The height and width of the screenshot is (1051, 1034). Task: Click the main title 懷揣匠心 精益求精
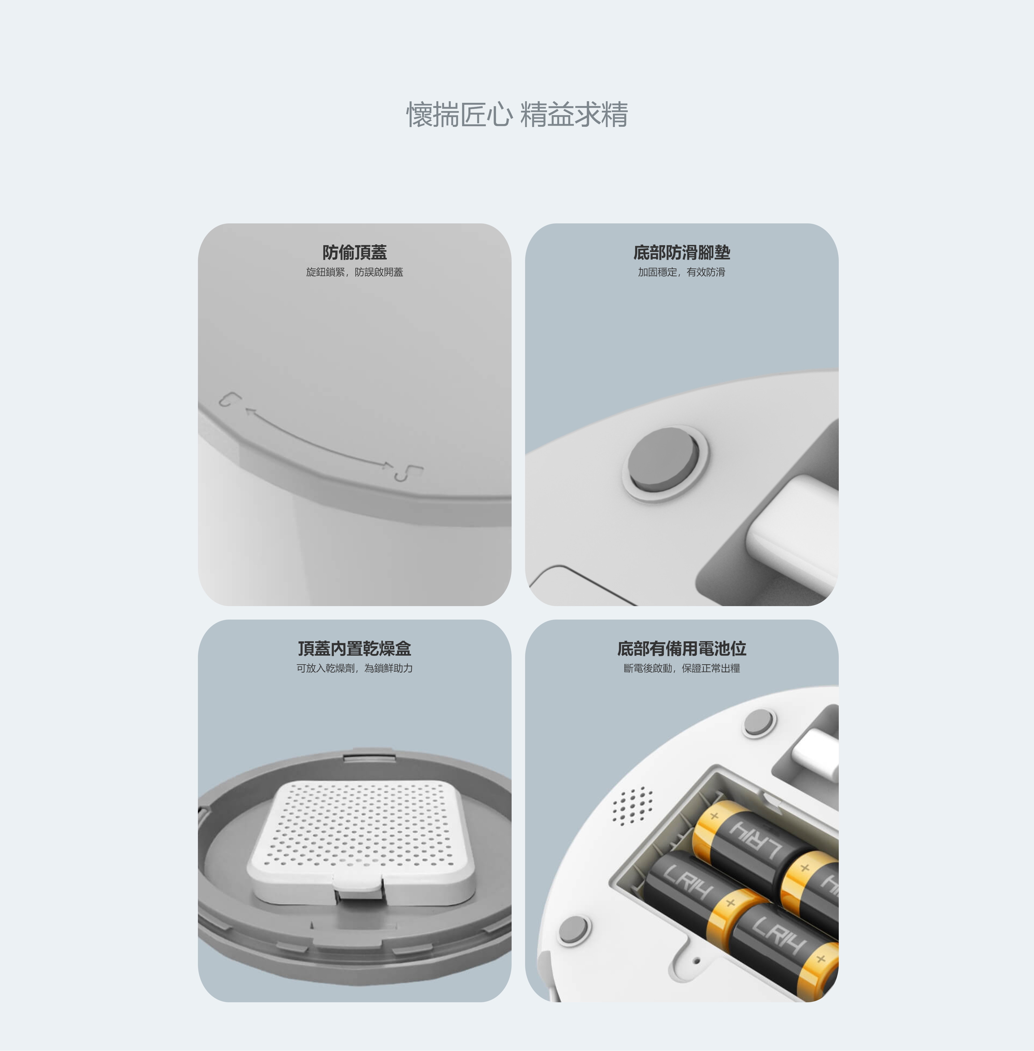[517, 115]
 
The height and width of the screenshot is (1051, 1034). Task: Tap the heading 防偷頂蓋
[355, 252]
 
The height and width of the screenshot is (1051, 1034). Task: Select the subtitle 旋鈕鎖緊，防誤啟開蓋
[355, 272]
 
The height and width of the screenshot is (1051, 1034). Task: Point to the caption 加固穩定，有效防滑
[682, 272]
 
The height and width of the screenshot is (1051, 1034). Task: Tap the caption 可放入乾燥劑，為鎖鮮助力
[355, 668]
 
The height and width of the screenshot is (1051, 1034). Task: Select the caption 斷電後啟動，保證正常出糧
[682, 668]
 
